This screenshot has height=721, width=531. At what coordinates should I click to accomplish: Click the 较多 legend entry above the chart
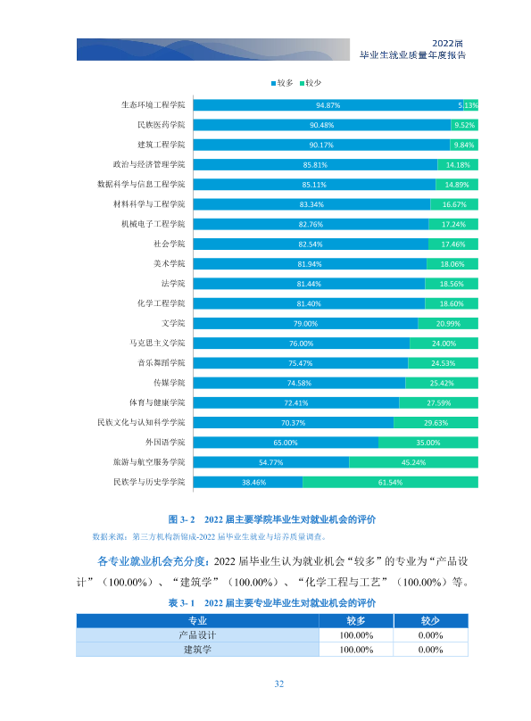282,83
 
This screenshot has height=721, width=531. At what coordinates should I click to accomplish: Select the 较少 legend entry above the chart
311,83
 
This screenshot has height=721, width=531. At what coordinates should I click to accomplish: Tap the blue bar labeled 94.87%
328,105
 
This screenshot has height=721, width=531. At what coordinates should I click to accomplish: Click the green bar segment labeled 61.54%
390,482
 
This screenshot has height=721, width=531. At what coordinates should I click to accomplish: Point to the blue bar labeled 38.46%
248,482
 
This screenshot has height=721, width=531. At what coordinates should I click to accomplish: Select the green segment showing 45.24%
414,462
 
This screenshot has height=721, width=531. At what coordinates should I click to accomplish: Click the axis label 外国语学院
165,443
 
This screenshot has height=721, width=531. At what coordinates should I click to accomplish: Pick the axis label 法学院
173,283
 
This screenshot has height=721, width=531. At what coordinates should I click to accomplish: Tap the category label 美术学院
170,263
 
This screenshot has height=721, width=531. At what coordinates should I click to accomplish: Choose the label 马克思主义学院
157,343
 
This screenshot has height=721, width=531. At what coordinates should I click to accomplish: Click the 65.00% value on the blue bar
286,443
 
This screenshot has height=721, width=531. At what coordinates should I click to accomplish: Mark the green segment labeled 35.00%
428,443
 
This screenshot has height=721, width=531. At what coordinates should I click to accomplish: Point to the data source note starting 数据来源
209,536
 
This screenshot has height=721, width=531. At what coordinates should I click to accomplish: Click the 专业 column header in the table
198,621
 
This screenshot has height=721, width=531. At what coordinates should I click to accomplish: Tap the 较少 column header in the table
431,621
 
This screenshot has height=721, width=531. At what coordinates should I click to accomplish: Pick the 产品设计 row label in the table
197,635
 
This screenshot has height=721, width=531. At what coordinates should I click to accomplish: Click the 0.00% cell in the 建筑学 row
431,650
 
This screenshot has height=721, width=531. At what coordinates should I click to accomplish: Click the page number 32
279,684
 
